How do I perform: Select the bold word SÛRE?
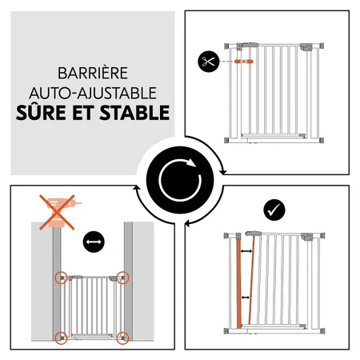pyautogui.click(x=41, y=112)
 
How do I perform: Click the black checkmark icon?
pyautogui.click(x=272, y=210)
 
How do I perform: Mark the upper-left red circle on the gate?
pyautogui.click(x=61, y=278)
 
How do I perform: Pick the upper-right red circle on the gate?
pyautogui.click(x=122, y=278)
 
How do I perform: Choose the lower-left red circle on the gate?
pyautogui.click(x=61, y=336)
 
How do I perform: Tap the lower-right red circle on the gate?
pyautogui.click(x=122, y=336)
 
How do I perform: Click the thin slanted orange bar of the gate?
pyautogui.click(x=250, y=280)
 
